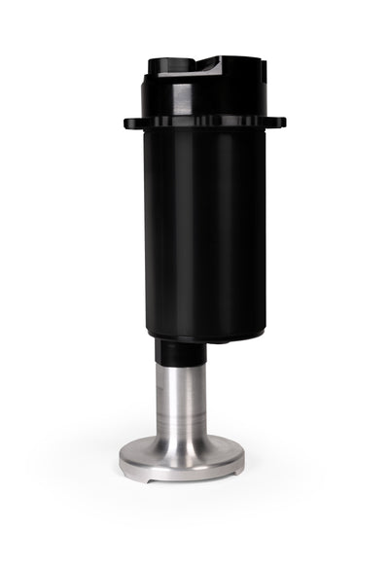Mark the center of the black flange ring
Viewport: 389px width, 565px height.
[x=204, y=124]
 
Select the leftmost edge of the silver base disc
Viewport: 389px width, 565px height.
[x=121, y=460]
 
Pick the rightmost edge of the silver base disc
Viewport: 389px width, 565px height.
[x=244, y=460]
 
